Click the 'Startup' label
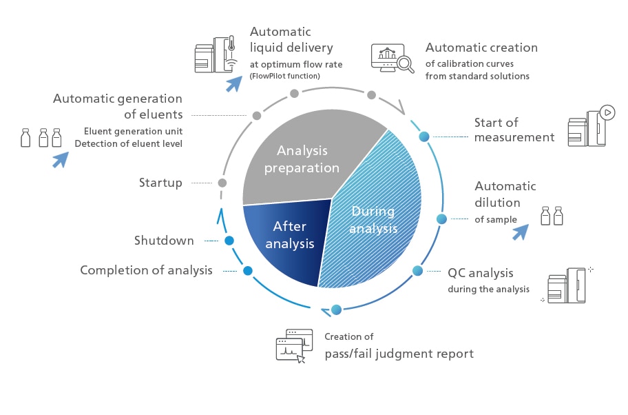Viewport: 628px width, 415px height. pos(160,183)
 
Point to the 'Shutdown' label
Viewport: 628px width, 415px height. pos(164,241)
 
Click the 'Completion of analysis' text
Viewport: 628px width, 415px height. pos(146,270)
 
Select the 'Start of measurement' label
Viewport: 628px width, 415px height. pos(514,130)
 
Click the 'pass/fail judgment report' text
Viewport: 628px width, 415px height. pos(399,354)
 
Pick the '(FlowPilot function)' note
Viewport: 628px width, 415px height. pos(285,76)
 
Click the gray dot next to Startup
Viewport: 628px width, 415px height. pos(222,183)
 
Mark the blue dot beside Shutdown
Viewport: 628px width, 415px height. pos(229,241)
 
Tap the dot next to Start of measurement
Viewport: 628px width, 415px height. pos(424,136)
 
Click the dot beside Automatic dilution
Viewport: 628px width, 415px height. pos(442,219)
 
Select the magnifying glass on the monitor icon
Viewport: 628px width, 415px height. pos(406,64)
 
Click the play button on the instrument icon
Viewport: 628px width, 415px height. pos(607,112)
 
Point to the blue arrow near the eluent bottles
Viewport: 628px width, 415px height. pos(61,159)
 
